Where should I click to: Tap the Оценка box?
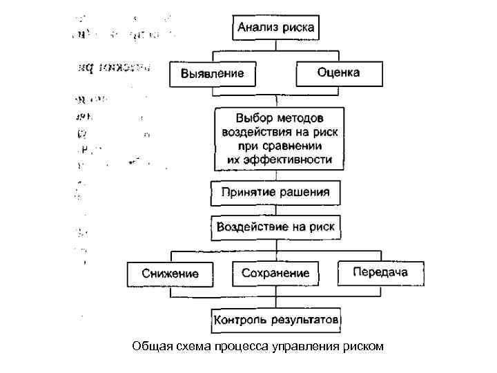tap(338, 72)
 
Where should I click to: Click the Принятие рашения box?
tap(275, 193)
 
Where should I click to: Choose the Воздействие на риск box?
tap(275, 227)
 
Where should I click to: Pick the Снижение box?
tap(170, 274)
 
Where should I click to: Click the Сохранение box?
tap(275, 274)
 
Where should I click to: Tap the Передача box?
tap(380, 271)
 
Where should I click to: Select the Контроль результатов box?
tap(276, 321)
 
